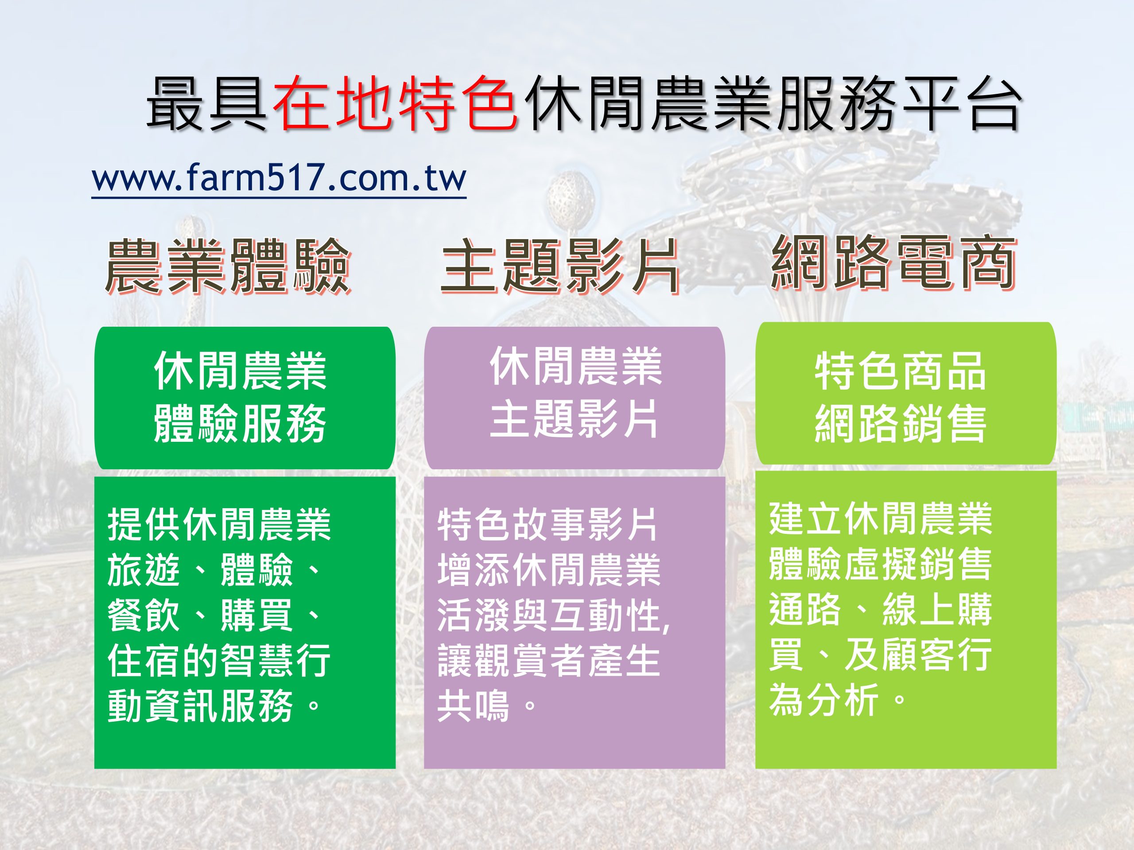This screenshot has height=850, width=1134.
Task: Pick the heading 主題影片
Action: point(560,267)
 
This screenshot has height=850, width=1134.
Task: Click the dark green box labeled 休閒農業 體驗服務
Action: point(245,398)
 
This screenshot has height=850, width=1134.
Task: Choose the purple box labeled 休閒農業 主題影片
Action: point(575,398)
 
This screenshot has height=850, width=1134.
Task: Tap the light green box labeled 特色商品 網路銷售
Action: point(906,394)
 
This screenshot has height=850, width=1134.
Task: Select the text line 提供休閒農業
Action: point(219,524)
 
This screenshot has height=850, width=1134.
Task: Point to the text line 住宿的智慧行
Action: point(219,661)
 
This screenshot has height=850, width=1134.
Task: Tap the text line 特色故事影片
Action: point(547,524)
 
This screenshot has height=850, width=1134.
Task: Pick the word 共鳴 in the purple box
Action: point(474,706)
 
